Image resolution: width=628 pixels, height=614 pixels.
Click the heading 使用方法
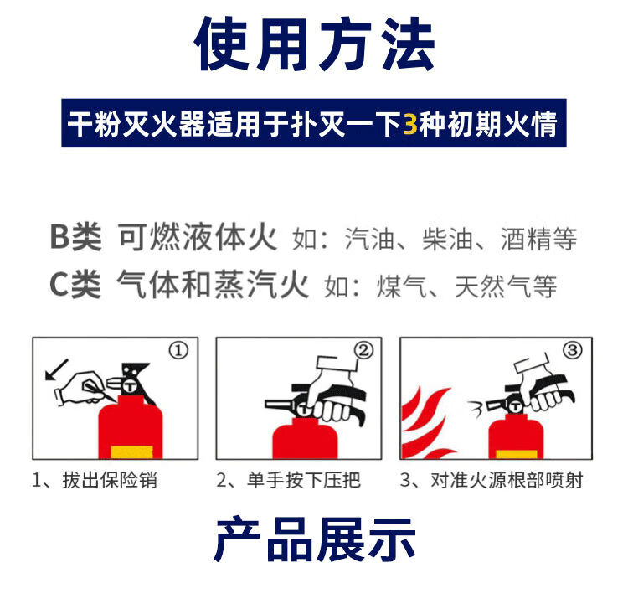pyautogui.click(x=314, y=44)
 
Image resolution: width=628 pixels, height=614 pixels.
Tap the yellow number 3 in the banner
pyautogui.click(x=409, y=123)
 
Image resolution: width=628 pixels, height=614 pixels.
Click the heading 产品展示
pyautogui.click(x=314, y=539)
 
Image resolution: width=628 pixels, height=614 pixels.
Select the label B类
pyautogui.click(x=75, y=237)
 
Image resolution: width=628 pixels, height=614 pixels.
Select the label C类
pyautogui.click(x=75, y=285)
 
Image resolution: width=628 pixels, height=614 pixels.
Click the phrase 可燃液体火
pyautogui.click(x=198, y=237)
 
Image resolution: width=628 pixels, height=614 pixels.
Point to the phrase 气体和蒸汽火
pyautogui.click(x=213, y=284)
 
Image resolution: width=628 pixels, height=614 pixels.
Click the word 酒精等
pyautogui.click(x=538, y=239)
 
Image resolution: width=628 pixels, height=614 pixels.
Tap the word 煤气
pyautogui.click(x=402, y=286)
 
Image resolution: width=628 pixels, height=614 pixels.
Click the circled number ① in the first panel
pyautogui.click(x=178, y=351)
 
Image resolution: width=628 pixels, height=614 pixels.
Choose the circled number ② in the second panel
pyautogui.click(x=363, y=350)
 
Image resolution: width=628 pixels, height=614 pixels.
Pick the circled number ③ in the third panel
pyautogui.click(x=573, y=350)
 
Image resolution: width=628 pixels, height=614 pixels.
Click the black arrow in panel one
pyautogui.click(x=56, y=369)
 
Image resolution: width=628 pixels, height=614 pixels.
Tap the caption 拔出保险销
pyautogui.click(x=110, y=480)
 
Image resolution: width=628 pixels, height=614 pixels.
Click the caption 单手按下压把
pyautogui.click(x=304, y=480)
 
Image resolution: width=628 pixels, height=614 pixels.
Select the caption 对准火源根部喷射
pyautogui.click(x=507, y=480)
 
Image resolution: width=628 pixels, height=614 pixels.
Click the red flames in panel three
pyautogui.click(x=425, y=423)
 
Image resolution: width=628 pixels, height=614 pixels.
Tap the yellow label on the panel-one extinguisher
pyautogui.click(x=131, y=452)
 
